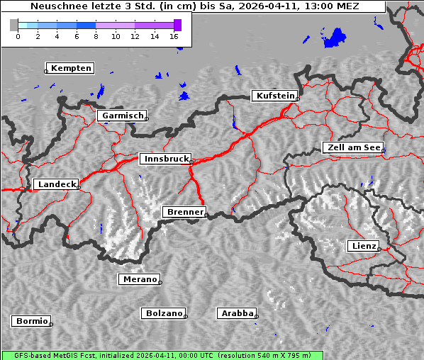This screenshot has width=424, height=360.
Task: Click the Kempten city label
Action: [x=72, y=68]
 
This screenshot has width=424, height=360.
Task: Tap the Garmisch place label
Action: [x=123, y=116]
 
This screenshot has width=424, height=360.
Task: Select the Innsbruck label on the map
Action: [x=166, y=159]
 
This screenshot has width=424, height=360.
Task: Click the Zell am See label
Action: [x=353, y=147]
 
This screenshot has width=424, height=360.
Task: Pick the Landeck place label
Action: [x=56, y=184]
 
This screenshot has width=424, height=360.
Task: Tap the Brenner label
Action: [x=184, y=212]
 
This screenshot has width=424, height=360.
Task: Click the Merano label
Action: [x=140, y=279]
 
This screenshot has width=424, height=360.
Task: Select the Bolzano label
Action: [x=164, y=313]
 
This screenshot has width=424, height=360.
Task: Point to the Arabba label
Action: [x=236, y=313]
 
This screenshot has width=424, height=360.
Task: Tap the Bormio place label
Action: [x=31, y=321]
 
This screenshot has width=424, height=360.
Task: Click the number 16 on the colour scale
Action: [x=174, y=36]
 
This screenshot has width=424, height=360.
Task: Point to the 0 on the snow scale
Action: [x=18, y=36]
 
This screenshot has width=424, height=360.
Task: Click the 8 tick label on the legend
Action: [x=96, y=36]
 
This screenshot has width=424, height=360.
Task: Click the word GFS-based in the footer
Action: [x=24, y=355]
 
